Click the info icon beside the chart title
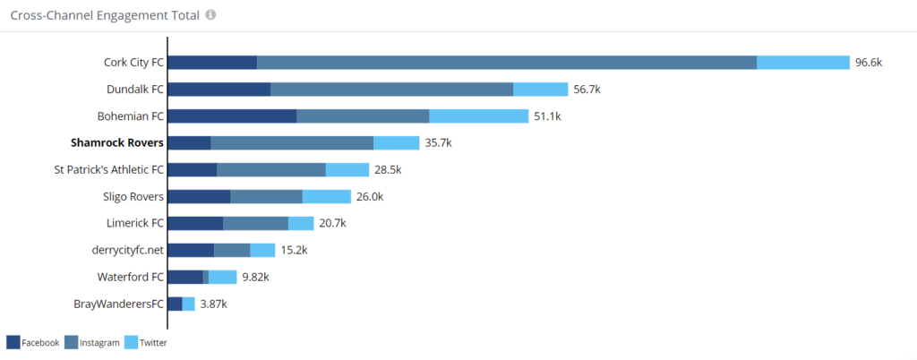coord(210,14)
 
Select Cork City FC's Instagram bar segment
coord(507,63)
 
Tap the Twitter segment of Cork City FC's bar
coord(803,63)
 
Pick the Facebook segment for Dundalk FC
coord(219,90)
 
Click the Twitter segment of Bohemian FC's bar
coord(479,116)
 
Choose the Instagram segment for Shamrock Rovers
coord(293,143)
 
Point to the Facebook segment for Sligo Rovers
coord(200,196)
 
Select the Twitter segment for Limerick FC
coord(301,223)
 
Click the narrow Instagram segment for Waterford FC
coord(206,277)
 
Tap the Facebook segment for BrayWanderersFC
coord(175,304)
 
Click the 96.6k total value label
coord(869,63)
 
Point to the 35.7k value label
coord(438,143)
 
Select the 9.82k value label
coord(255,277)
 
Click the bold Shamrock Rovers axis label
coord(117,143)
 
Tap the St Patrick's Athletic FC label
coord(108,170)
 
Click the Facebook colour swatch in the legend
coord(13,342)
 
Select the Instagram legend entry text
coord(100,343)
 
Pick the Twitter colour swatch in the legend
coord(131,342)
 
